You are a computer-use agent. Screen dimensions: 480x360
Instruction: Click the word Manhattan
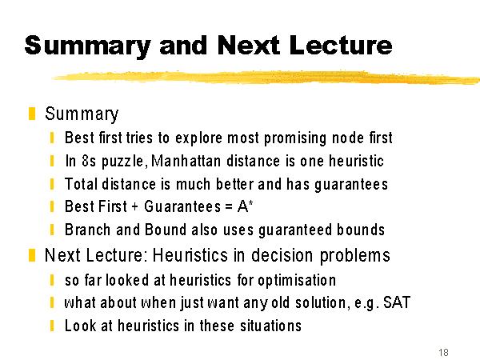point(186,161)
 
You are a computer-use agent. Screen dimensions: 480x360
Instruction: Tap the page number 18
point(443,352)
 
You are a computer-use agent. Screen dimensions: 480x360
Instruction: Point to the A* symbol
point(246,206)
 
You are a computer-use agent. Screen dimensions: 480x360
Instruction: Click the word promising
point(295,138)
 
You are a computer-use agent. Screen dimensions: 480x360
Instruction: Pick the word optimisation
point(297,280)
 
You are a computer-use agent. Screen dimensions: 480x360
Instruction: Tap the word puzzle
point(122,162)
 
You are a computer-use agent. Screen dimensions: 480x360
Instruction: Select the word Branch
point(87,230)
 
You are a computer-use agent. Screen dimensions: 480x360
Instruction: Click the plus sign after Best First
point(135,207)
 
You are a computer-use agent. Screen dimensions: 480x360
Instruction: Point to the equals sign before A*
point(228,207)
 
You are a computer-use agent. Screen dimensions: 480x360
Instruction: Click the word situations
point(270,326)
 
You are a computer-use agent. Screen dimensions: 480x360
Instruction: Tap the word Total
point(81,184)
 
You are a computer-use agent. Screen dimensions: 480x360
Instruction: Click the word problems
point(354,255)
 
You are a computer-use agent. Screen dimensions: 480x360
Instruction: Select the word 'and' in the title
point(182,45)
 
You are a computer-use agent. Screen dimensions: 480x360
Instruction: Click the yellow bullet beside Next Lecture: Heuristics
point(32,255)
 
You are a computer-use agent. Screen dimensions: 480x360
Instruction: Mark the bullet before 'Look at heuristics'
point(52,326)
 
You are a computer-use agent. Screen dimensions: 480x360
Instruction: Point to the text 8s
point(89,161)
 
